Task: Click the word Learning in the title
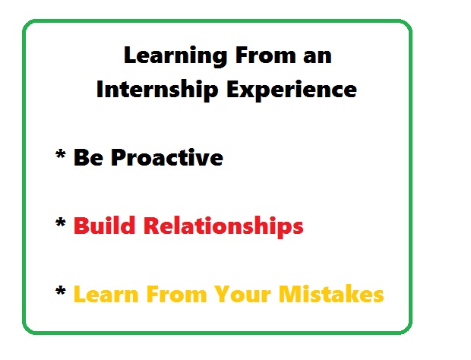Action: pyautogui.click(x=175, y=56)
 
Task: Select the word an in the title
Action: pyautogui.click(x=318, y=57)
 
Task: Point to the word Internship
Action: pyautogui.click(x=157, y=90)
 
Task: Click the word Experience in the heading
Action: pyautogui.click(x=292, y=90)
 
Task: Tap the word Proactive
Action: pyautogui.click(x=167, y=157)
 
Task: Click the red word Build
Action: pyautogui.click(x=104, y=225)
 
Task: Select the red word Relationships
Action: pyautogui.click(x=223, y=227)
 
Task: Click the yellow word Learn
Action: pyautogui.click(x=106, y=294)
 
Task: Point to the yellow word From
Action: pyautogui.click(x=176, y=294)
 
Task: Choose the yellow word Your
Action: pyautogui.click(x=242, y=294)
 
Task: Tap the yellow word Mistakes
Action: pyautogui.click(x=331, y=294)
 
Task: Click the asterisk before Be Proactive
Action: pyautogui.click(x=61, y=155)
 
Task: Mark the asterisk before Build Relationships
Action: pyautogui.click(x=61, y=223)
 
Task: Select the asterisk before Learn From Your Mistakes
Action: pyautogui.click(x=61, y=292)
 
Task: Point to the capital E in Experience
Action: pyautogui.click(x=233, y=89)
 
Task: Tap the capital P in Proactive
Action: pyautogui.click(x=119, y=157)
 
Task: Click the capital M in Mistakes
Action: pyautogui.click(x=289, y=294)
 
